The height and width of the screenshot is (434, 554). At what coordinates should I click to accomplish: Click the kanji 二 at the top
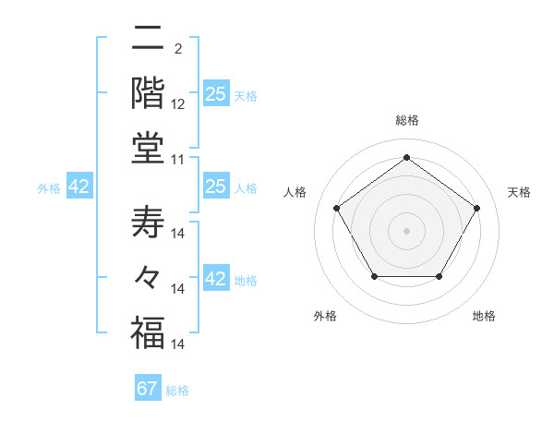coord(148,40)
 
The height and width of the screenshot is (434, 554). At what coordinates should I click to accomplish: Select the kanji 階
coord(148,92)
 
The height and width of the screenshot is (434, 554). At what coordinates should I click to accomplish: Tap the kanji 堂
coord(148,148)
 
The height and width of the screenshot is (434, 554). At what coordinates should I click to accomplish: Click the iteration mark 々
coord(148,277)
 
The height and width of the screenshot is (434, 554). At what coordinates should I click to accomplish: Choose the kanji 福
coord(148,332)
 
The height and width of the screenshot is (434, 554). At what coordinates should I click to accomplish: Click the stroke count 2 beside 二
coord(177,49)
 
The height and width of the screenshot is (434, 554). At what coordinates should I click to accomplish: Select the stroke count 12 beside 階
coord(178,104)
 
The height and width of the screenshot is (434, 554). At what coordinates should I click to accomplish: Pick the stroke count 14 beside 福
coord(180,344)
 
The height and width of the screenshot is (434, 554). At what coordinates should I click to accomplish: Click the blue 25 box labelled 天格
coord(216,94)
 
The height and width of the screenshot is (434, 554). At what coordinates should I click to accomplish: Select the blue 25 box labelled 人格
coord(216,187)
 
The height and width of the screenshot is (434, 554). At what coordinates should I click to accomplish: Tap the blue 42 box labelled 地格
coord(216,280)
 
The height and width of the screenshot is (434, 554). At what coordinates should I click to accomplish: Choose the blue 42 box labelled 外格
coord(79,187)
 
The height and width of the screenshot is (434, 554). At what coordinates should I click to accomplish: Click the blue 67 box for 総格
coord(148,389)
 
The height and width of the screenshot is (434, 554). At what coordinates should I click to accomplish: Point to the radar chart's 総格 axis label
coord(407,120)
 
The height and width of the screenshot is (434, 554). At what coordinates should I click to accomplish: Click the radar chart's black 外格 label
coord(325,316)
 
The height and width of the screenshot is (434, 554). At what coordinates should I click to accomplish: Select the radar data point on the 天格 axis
coord(476,208)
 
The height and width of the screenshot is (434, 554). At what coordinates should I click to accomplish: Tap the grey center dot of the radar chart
coord(407,230)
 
